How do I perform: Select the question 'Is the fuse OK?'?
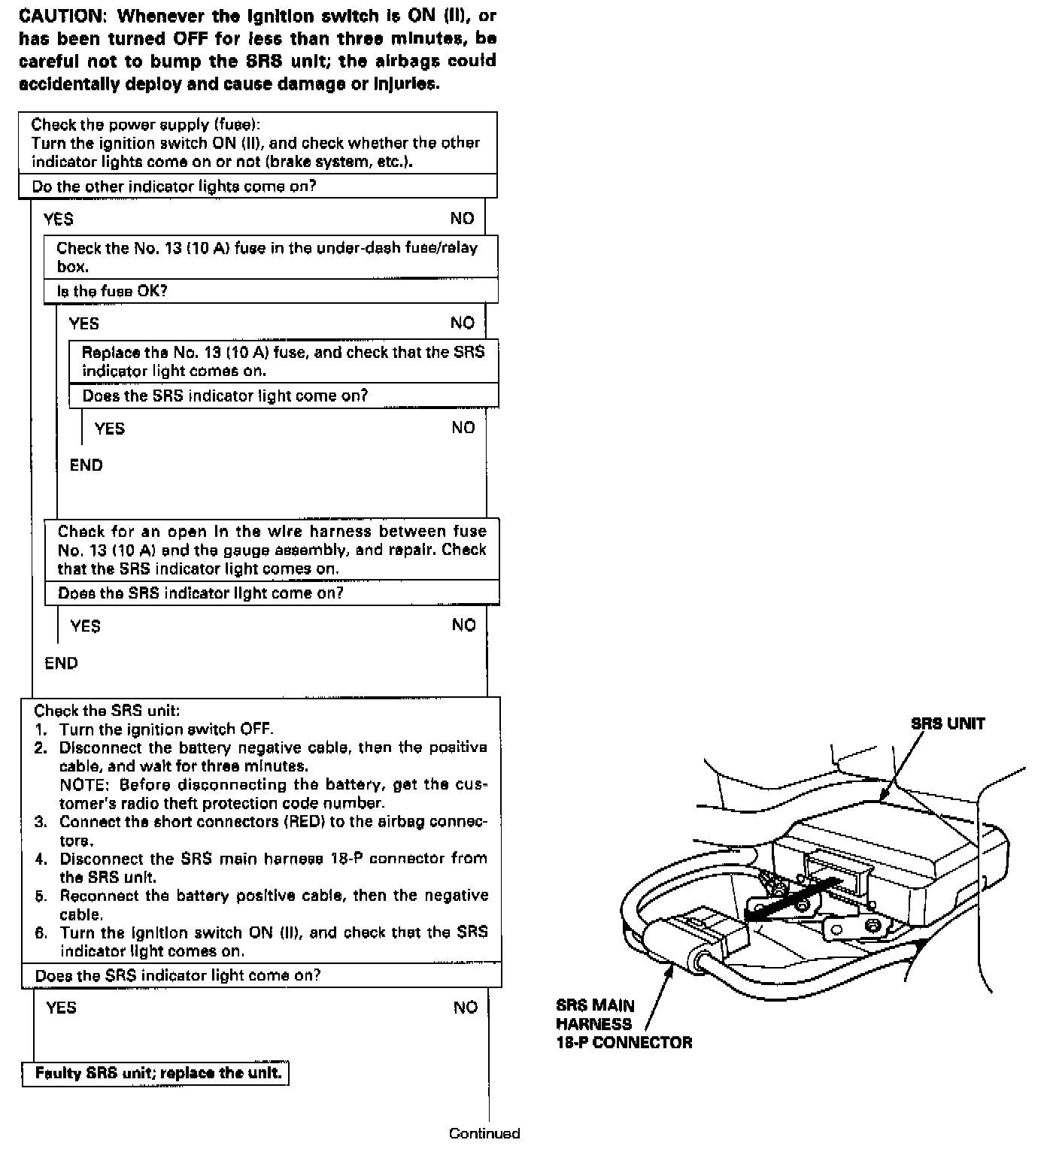coord(112,291)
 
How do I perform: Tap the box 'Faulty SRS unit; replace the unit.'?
coord(158,1073)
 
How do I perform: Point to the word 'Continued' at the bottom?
coord(484,1133)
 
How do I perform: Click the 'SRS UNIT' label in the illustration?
coord(948,724)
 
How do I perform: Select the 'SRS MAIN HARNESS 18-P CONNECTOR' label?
coord(624,1024)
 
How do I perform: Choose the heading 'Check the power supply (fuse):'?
coord(146,125)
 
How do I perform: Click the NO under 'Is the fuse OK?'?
coord(463,323)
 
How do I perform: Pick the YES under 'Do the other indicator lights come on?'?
coord(59,219)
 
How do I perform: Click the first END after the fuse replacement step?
coord(86,465)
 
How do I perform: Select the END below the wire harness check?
coord(61,663)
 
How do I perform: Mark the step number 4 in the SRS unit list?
coord(41,859)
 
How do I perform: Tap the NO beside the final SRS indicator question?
coord(466,1008)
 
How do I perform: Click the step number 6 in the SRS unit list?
coord(41,933)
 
